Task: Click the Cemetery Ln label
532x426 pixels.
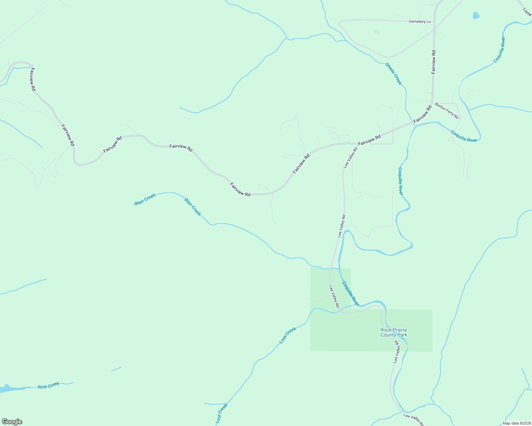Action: pos(420,22)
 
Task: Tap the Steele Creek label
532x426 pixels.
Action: pos(394,74)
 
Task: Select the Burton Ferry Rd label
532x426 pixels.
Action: pos(447,111)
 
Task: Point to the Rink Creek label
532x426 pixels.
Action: pos(48,385)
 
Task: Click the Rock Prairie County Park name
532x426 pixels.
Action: pos(394,333)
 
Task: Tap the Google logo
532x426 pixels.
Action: pos(12,422)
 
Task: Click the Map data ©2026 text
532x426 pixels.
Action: pos(516,423)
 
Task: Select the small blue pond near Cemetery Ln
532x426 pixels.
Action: pos(476,15)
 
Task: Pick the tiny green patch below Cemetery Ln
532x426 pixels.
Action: pos(377,32)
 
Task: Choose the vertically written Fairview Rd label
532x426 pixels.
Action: pos(433,62)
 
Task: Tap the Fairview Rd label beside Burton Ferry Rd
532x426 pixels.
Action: pos(422,114)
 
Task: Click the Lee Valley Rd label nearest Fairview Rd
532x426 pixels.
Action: pos(350,157)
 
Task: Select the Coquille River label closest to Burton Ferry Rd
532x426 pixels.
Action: pos(464,136)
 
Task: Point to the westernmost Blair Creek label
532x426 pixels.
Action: pos(145,200)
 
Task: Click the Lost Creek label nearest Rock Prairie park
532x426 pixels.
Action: pos(288,335)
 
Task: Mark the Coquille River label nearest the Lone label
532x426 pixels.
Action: pos(499,50)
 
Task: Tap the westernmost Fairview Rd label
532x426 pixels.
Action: pos(32,80)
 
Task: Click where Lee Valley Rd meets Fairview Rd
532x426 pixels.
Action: pos(357,143)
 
